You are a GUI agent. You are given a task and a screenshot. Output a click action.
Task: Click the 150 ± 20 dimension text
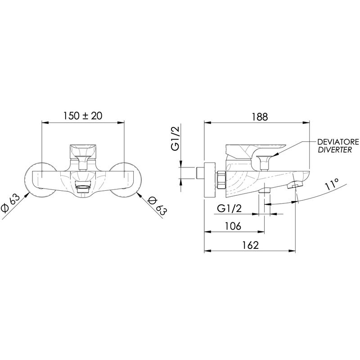pos(83,116)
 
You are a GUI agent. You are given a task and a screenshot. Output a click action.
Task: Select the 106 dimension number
pos(233,226)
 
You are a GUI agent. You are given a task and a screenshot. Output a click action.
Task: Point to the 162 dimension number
pos(251,245)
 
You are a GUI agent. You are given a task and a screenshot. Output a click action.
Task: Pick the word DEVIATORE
pos(338,142)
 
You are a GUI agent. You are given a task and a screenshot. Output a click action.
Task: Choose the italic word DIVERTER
pos(335,150)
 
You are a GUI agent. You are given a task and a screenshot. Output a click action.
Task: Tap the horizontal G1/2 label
pos(229,209)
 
